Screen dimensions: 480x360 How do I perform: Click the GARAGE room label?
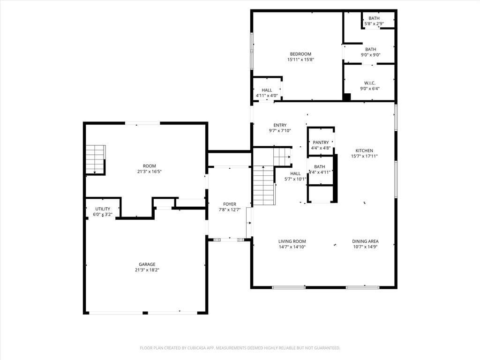(x=147, y=264)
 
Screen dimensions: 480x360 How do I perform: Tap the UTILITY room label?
(x=103, y=209)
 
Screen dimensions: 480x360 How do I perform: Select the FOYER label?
(x=230, y=204)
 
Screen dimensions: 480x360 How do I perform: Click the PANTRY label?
(x=321, y=142)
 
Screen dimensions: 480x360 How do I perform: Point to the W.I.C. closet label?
(x=370, y=83)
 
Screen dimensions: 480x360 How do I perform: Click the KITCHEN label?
(x=364, y=150)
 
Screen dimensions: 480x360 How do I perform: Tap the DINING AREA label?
(x=365, y=241)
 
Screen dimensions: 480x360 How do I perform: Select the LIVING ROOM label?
(x=292, y=241)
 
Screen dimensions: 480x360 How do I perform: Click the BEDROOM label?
(x=300, y=54)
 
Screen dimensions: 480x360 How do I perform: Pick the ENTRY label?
(x=280, y=125)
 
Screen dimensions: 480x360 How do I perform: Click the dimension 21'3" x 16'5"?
(x=150, y=172)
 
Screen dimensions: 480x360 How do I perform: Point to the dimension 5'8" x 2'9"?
(x=374, y=23)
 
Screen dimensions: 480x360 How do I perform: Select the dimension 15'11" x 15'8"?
(x=300, y=60)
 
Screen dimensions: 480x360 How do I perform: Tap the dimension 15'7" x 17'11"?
(x=364, y=156)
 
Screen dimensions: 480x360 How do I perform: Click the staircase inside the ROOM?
(x=96, y=159)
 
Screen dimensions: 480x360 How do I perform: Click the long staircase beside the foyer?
(x=263, y=186)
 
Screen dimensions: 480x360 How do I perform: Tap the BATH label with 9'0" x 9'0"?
(x=371, y=49)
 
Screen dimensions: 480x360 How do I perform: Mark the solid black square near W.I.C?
(x=346, y=97)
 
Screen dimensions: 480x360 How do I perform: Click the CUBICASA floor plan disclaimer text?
(x=240, y=348)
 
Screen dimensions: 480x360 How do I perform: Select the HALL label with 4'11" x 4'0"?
(x=267, y=90)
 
